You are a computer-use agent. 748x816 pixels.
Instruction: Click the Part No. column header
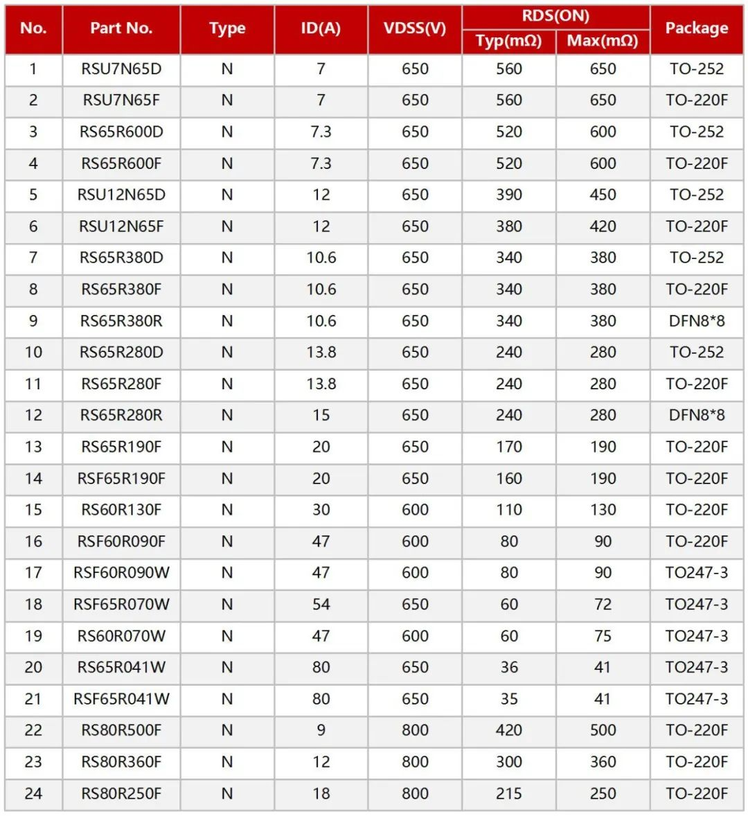tap(121, 28)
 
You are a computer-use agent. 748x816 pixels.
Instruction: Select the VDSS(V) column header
tap(415, 28)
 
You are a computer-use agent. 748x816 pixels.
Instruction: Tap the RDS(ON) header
tap(555, 16)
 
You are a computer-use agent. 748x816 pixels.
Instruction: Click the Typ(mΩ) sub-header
tap(508, 41)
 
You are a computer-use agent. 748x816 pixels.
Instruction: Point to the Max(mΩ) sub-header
tap(603, 41)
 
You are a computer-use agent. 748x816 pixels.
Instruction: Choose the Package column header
tap(696, 28)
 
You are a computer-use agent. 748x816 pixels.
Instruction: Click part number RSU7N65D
tap(121, 69)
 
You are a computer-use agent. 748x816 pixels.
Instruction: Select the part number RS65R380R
tap(121, 321)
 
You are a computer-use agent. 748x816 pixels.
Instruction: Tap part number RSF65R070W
tap(121, 605)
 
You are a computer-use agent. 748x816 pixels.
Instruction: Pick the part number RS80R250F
tap(121, 794)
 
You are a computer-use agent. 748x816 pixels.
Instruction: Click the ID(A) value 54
tap(321, 605)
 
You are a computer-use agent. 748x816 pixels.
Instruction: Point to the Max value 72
tap(603, 605)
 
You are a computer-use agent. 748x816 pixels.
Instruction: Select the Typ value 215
tap(508, 794)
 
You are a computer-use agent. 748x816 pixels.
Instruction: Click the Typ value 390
tap(508, 195)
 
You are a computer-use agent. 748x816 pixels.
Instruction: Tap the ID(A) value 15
tap(321, 416)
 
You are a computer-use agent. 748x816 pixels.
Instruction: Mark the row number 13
tap(33, 447)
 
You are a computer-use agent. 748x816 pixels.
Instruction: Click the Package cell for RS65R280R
tap(696, 416)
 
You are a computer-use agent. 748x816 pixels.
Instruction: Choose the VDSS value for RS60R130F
tap(415, 511)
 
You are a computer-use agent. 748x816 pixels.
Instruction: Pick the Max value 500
tap(603, 731)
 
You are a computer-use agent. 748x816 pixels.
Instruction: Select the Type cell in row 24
tap(227, 794)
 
